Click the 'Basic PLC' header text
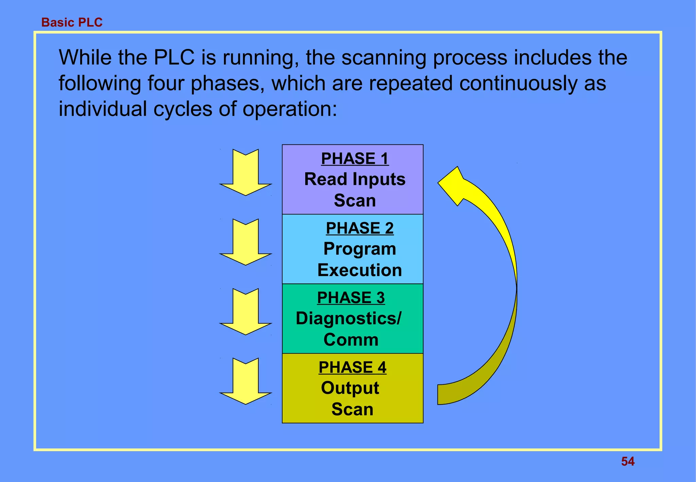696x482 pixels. pyautogui.click(x=72, y=22)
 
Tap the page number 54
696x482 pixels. pyautogui.click(x=628, y=461)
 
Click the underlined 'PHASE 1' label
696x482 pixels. pyautogui.click(x=355, y=159)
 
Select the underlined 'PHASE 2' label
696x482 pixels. pyautogui.click(x=360, y=228)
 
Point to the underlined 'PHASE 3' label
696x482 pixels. pyautogui.click(x=351, y=298)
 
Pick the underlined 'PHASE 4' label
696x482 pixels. pyautogui.click(x=352, y=367)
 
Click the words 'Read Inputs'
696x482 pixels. pyautogui.click(x=355, y=179)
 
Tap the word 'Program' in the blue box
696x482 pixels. pyautogui.click(x=360, y=249)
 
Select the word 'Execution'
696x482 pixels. pyautogui.click(x=360, y=270)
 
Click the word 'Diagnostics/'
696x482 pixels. pyautogui.click(x=349, y=319)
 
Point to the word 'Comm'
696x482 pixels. pyautogui.click(x=351, y=340)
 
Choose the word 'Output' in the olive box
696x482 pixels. pyautogui.click(x=350, y=388)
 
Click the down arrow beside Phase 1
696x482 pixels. pyautogui.click(x=245, y=173)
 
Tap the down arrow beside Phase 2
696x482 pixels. pyautogui.click(x=245, y=243)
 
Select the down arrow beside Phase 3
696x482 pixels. pyautogui.click(x=245, y=313)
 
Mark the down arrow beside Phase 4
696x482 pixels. pyautogui.click(x=245, y=382)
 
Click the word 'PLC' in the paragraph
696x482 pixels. pyautogui.click(x=174, y=57)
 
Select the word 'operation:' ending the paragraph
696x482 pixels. pyautogui.click(x=290, y=109)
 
